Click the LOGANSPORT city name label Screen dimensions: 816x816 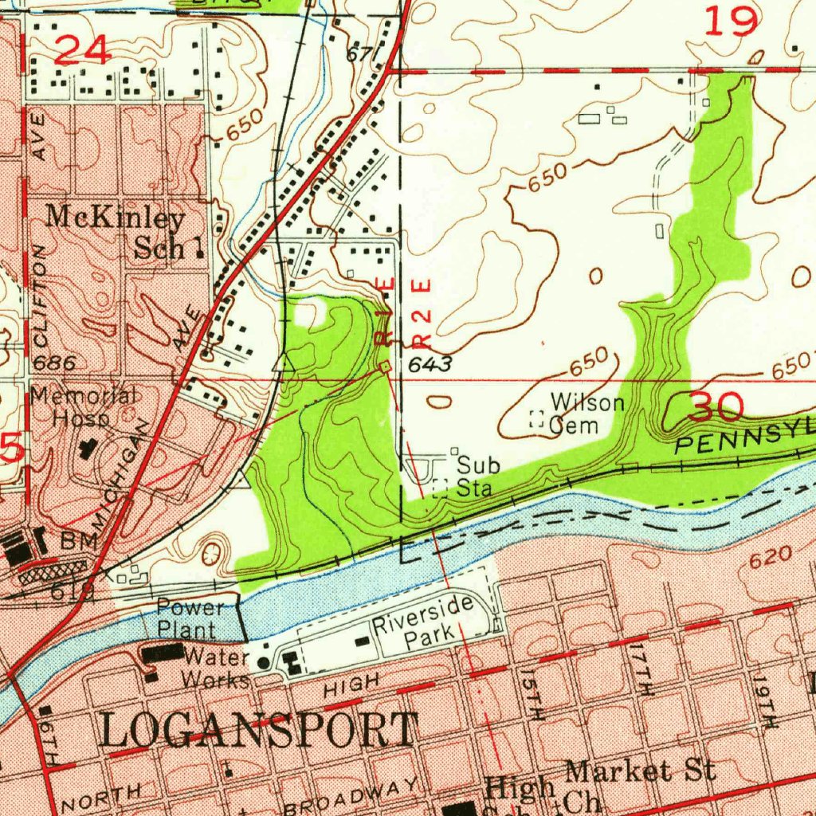[259, 730]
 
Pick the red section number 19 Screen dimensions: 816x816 [732, 21]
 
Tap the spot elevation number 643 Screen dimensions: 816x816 [430, 365]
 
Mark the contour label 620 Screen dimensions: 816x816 [771, 557]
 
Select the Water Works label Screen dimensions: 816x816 [214, 669]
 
